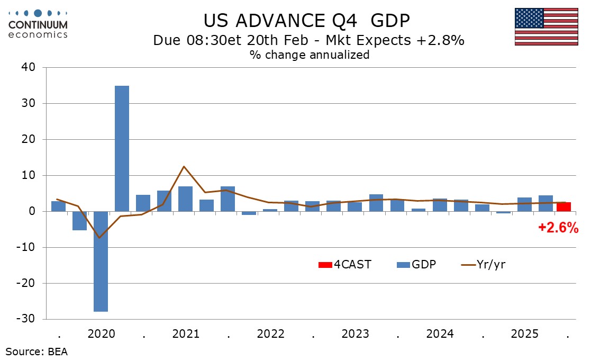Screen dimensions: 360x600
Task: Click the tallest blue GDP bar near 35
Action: click(x=122, y=148)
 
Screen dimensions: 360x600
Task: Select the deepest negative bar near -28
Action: click(x=101, y=262)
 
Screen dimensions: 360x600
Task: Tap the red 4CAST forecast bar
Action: click(x=563, y=206)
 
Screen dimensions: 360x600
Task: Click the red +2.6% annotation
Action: click(x=558, y=228)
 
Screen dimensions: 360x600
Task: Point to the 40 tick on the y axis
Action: click(x=28, y=68)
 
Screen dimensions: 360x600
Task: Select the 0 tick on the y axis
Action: click(x=32, y=212)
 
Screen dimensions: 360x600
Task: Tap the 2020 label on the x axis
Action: click(x=101, y=335)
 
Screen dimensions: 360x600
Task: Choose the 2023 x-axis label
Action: click(x=356, y=335)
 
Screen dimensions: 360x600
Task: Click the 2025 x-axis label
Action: click(x=525, y=335)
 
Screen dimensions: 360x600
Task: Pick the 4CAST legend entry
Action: click(x=345, y=264)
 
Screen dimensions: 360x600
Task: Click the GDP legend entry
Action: click(x=416, y=264)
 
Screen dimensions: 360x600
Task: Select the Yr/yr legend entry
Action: click(x=484, y=264)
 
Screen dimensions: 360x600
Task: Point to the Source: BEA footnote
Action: click(x=37, y=351)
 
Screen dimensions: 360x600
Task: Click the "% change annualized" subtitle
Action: click(x=310, y=55)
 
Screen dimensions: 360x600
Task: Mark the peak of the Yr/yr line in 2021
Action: click(x=184, y=166)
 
